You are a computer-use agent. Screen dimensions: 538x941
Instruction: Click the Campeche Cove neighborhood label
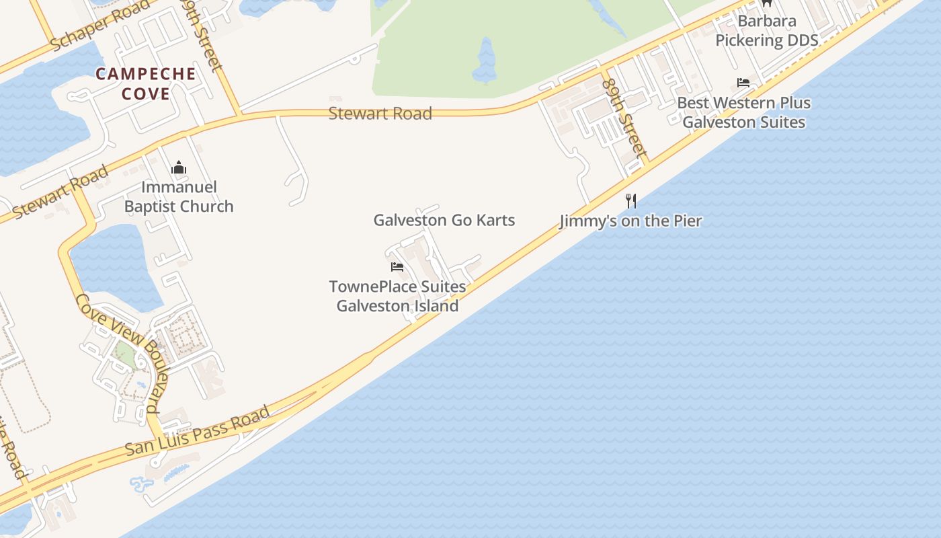[146, 83]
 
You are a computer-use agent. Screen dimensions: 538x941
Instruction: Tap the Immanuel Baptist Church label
[179, 196]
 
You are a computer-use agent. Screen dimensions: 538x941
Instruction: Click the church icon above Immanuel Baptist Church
[179, 167]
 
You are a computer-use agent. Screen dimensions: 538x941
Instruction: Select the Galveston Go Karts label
[444, 220]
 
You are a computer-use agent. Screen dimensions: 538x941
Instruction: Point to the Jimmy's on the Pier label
[630, 221]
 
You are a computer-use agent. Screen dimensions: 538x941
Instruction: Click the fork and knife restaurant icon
[630, 200]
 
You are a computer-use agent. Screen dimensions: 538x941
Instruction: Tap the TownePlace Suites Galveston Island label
[397, 296]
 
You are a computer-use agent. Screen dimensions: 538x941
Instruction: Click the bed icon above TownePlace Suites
[397, 267]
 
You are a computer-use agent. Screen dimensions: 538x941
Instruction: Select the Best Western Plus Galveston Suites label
[743, 112]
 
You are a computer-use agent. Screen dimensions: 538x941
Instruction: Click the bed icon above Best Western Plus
[743, 83]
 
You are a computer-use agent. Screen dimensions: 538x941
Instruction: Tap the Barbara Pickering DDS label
[766, 30]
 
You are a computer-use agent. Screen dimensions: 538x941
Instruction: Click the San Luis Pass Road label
[198, 430]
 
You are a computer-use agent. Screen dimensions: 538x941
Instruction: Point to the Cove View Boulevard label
[120, 352]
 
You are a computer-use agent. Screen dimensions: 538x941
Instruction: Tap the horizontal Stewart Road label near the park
[380, 113]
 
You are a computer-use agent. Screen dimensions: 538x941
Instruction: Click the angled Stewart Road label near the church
[60, 192]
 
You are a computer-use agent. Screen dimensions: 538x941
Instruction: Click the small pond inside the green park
[485, 61]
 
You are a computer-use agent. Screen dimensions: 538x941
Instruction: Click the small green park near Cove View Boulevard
[125, 353]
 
